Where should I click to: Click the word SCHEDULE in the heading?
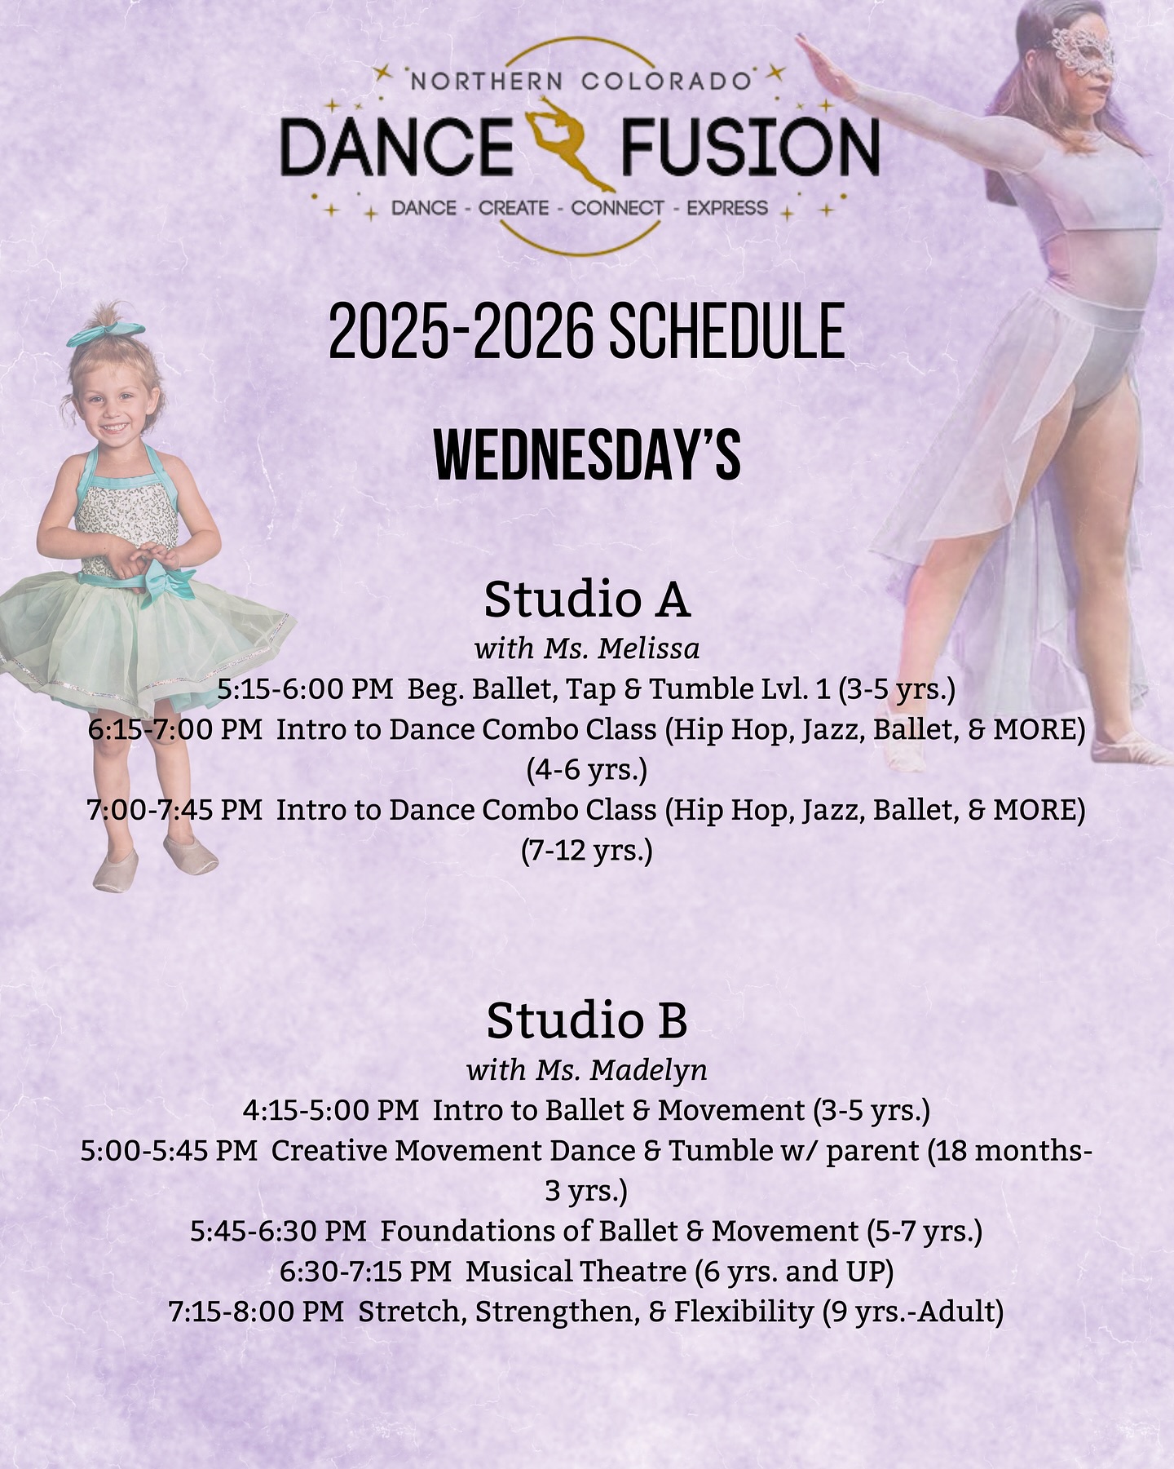(x=726, y=330)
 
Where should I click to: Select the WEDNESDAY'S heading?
(x=587, y=456)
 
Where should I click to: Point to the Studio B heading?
(x=587, y=1020)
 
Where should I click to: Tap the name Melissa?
(x=649, y=648)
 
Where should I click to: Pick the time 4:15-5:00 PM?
(x=331, y=1110)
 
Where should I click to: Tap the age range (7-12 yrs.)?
(x=587, y=851)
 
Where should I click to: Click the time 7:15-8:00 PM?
(x=256, y=1312)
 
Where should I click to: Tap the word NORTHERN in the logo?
(x=486, y=82)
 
